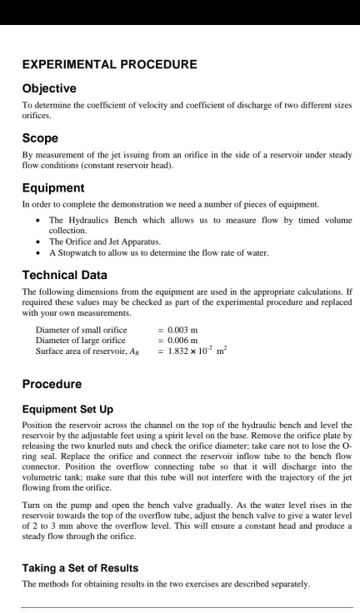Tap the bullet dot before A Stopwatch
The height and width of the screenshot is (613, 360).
40,252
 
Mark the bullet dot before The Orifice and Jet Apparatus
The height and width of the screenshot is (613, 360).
40,242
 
